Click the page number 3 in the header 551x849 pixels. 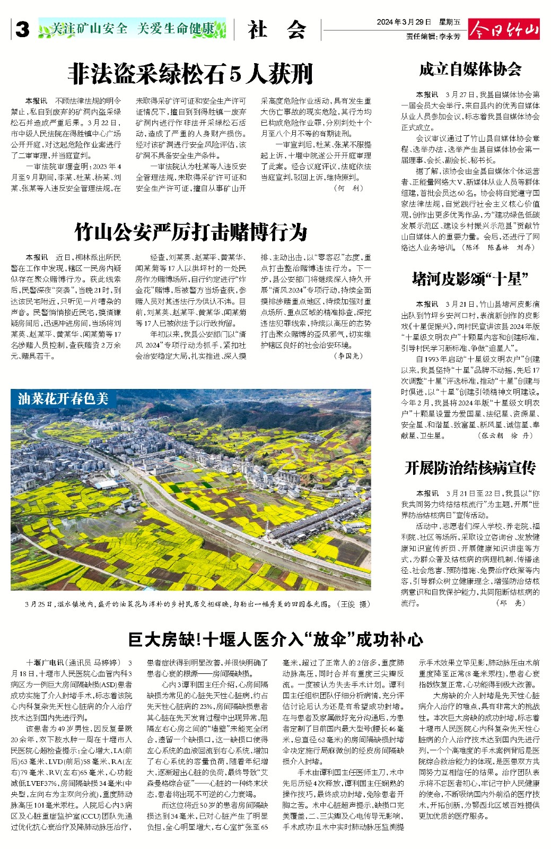22,30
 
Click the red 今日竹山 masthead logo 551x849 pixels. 503,30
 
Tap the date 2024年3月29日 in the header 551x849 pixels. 404,22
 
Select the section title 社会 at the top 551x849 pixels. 277,30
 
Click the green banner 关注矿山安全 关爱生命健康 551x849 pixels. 133,29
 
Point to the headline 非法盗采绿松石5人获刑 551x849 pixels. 190,74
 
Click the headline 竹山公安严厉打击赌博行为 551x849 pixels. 191,232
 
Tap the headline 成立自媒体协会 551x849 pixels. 470,69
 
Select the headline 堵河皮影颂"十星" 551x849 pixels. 470,279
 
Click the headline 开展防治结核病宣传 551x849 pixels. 470,467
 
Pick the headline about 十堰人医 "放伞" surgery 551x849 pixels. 275,639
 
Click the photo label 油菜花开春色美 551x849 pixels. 63,398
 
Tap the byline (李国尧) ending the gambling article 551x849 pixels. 349,356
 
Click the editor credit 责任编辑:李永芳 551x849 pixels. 433,37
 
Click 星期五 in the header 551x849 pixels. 450,22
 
